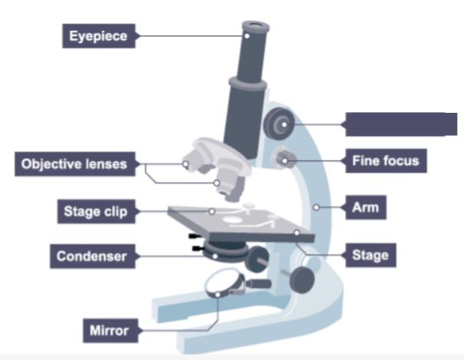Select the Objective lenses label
pos(74,163)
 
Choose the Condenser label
pos(91,256)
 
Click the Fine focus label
pos(385,161)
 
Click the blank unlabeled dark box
pos(400,124)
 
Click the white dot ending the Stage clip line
pos(212,210)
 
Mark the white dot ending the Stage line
pos(295,230)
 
